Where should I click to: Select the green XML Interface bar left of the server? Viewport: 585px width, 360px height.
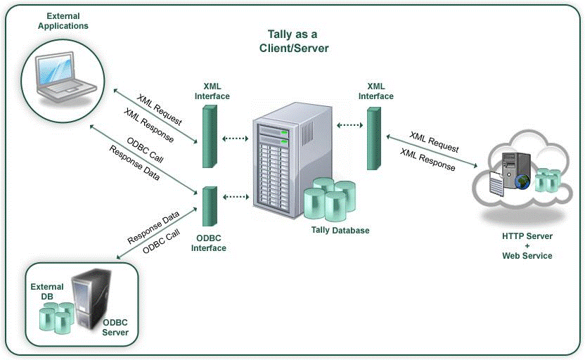pos(207,136)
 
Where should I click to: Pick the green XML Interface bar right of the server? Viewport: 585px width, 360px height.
pos(373,139)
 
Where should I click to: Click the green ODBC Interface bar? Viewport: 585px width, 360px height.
pos(207,206)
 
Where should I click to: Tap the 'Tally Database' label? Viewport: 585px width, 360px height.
pos(340,230)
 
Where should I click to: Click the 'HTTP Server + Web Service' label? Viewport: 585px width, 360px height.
pos(527,245)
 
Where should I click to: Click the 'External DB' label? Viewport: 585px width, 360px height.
pos(46,292)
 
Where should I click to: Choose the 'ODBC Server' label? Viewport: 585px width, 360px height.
pos(115,327)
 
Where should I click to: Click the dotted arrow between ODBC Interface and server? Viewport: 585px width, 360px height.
pos(236,198)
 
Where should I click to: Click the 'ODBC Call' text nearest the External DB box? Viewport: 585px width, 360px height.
pos(161,240)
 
